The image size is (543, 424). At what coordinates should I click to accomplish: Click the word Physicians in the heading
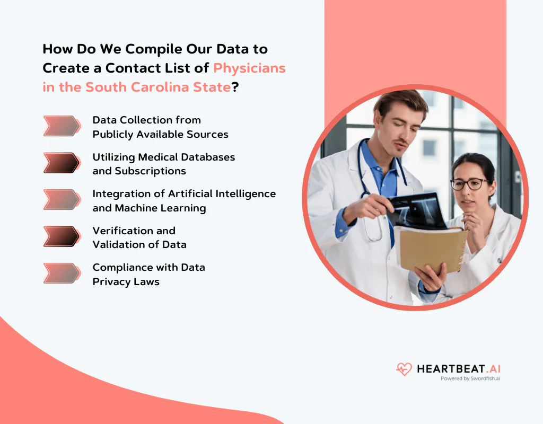[249, 68]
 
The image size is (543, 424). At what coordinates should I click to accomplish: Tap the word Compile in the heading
[151, 49]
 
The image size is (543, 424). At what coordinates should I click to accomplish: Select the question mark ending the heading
[235, 87]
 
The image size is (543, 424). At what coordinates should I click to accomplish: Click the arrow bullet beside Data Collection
[62, 126]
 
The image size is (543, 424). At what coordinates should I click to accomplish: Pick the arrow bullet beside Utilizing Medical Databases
[62, 163]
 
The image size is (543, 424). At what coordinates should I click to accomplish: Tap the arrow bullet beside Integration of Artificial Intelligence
[62, 199]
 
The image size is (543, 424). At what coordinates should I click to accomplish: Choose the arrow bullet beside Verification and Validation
[62, 236]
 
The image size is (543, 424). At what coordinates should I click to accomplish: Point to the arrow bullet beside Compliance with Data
[62, 273]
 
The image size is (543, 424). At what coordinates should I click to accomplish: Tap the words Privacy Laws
[126, 282]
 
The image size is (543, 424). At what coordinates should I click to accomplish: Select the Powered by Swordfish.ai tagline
[470, 379]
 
